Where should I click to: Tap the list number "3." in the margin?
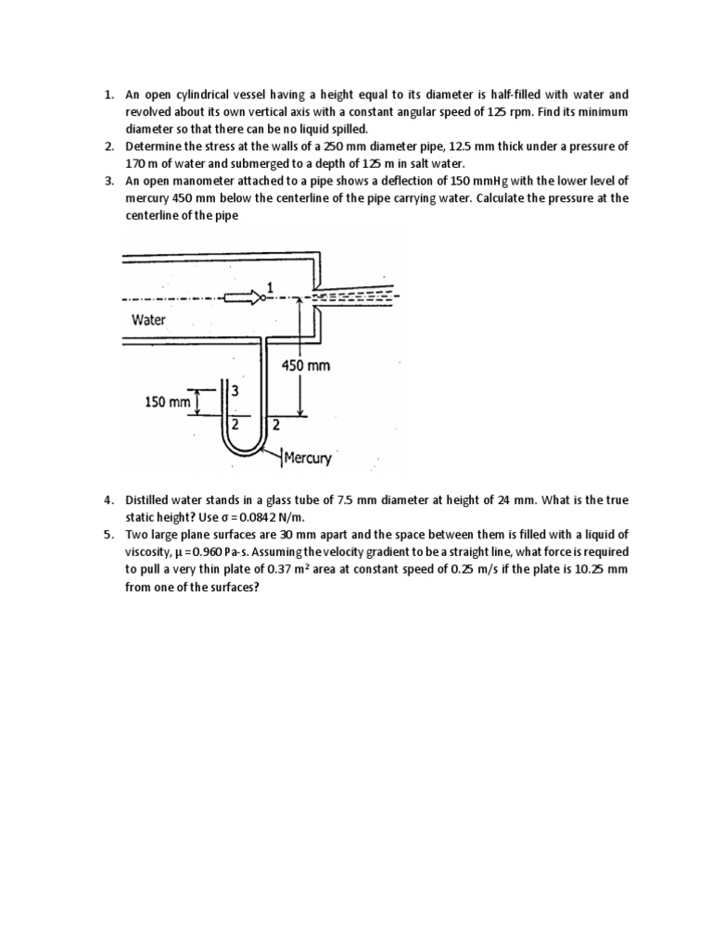coord(108,181)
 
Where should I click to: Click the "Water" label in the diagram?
coord(148,320)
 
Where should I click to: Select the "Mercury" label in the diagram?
coord(308,458)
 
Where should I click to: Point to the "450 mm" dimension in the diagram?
coord(306,365)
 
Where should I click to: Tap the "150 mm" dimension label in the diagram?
coord(167,403)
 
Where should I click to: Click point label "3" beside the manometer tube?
coord(235,391)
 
